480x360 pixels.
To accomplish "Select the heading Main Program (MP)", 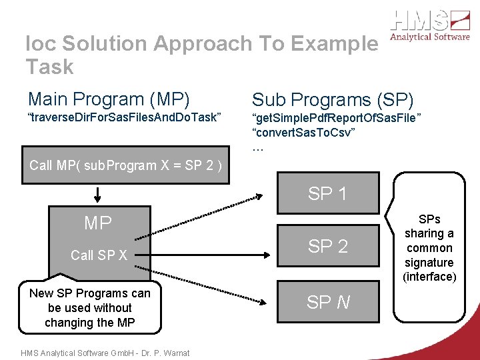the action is point(109,99).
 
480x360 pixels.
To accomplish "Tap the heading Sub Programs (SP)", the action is point(333,100).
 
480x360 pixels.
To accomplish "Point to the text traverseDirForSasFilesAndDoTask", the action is point(123,118).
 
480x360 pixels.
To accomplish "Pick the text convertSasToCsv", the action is point(303,133).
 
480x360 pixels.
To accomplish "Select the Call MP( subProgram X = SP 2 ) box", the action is point(125,165).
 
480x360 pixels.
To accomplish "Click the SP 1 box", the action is point(327,195).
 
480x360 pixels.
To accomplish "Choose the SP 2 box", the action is point(327,246).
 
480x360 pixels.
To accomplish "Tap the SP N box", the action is point(327,303).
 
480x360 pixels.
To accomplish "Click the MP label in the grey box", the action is point(98,223).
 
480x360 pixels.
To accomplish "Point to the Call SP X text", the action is point(99,255).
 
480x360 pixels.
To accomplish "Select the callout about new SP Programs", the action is point(89,308).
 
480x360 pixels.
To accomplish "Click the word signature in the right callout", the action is point(429,263).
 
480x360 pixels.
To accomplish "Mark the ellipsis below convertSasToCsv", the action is point(258,147).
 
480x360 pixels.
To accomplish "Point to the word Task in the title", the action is point(49,67).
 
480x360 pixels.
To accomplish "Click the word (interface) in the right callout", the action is point(429,277).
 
